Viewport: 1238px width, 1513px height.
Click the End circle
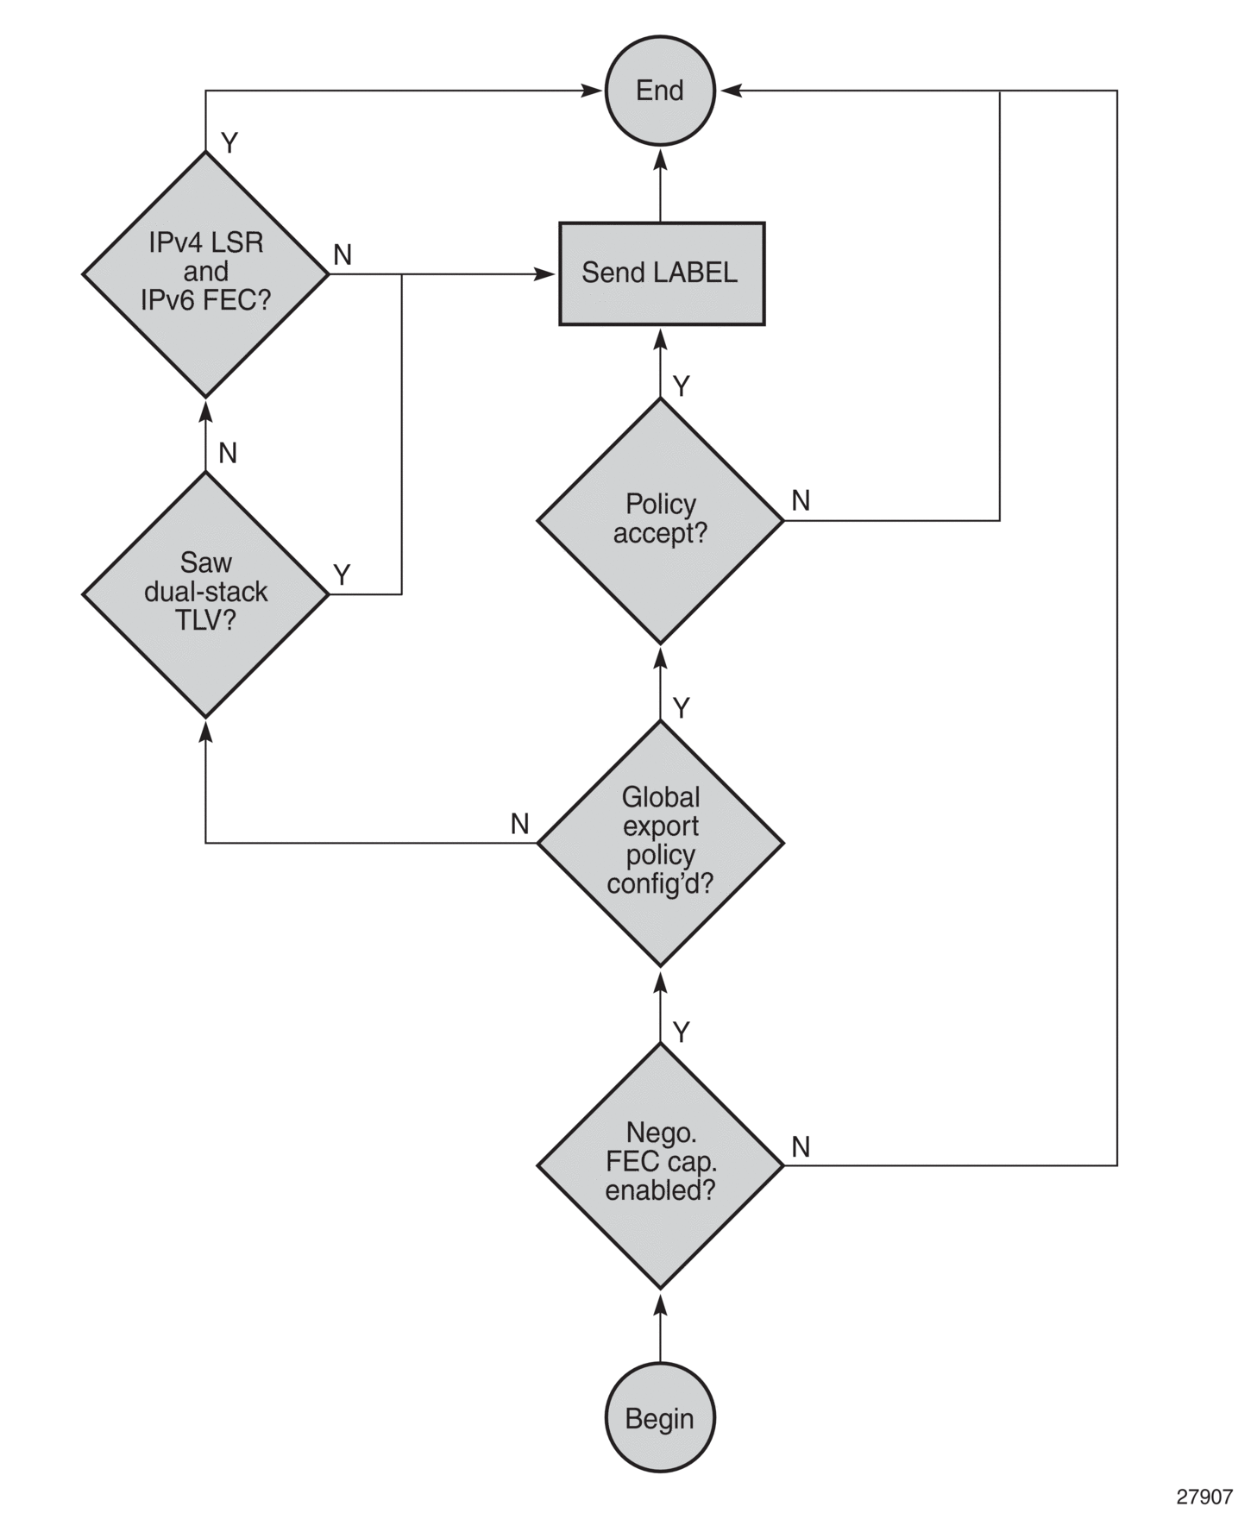point(660,91)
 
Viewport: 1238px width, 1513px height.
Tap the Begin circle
point(660,1418)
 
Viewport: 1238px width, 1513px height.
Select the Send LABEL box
point(662,273)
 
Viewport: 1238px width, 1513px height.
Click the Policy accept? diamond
point(660,520)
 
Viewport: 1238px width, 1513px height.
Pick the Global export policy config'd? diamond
point(660,843)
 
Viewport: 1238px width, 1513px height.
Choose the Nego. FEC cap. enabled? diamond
point(660,1165)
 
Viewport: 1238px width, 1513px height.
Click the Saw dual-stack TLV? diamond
point(205,593)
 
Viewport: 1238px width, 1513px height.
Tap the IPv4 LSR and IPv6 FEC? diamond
point(205,274)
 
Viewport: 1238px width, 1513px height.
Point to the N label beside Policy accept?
point(801,500)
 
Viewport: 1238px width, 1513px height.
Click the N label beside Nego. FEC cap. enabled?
point(801,1146)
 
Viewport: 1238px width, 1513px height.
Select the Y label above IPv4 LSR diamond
point(229,143)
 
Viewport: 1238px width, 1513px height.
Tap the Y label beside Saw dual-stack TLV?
point(342,574)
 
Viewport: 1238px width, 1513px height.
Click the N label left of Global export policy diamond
point(519,824)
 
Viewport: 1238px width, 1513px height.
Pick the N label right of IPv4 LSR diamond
point(342,254)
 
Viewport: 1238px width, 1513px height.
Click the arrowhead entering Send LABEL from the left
point(546,274)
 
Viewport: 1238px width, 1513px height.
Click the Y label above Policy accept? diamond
point(682,386)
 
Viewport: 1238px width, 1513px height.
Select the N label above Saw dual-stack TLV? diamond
point(228,453)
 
